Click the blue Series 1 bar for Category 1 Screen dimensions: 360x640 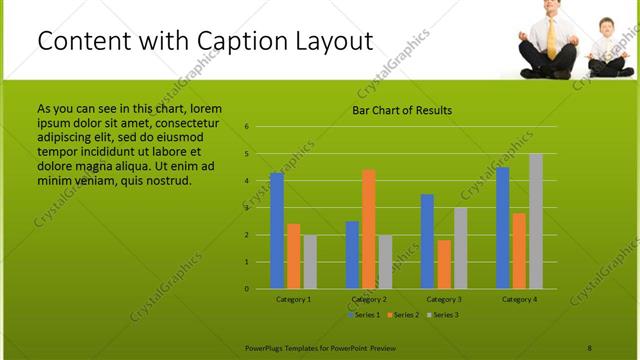[277, 230]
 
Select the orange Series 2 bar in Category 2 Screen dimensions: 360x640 [369, 229]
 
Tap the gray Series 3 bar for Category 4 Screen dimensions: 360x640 [536, 221]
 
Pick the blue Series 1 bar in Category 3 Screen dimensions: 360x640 [427, 241]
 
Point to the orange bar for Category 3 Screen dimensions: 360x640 [444, 264]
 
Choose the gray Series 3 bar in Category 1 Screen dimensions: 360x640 [310, 262]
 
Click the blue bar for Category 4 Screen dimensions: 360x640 [502, 228]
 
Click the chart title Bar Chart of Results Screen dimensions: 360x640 [402, 110]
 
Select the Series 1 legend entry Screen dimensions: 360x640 [363, 315]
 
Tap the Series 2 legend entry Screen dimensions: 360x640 [403, 315]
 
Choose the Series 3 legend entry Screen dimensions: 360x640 [442, 315]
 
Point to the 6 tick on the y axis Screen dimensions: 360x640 [246, 128]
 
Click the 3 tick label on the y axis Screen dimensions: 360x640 [246, 208]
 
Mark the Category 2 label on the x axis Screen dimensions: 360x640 [369, 299]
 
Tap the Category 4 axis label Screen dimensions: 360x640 [519, 299]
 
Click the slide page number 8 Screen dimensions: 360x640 [590, 347]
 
